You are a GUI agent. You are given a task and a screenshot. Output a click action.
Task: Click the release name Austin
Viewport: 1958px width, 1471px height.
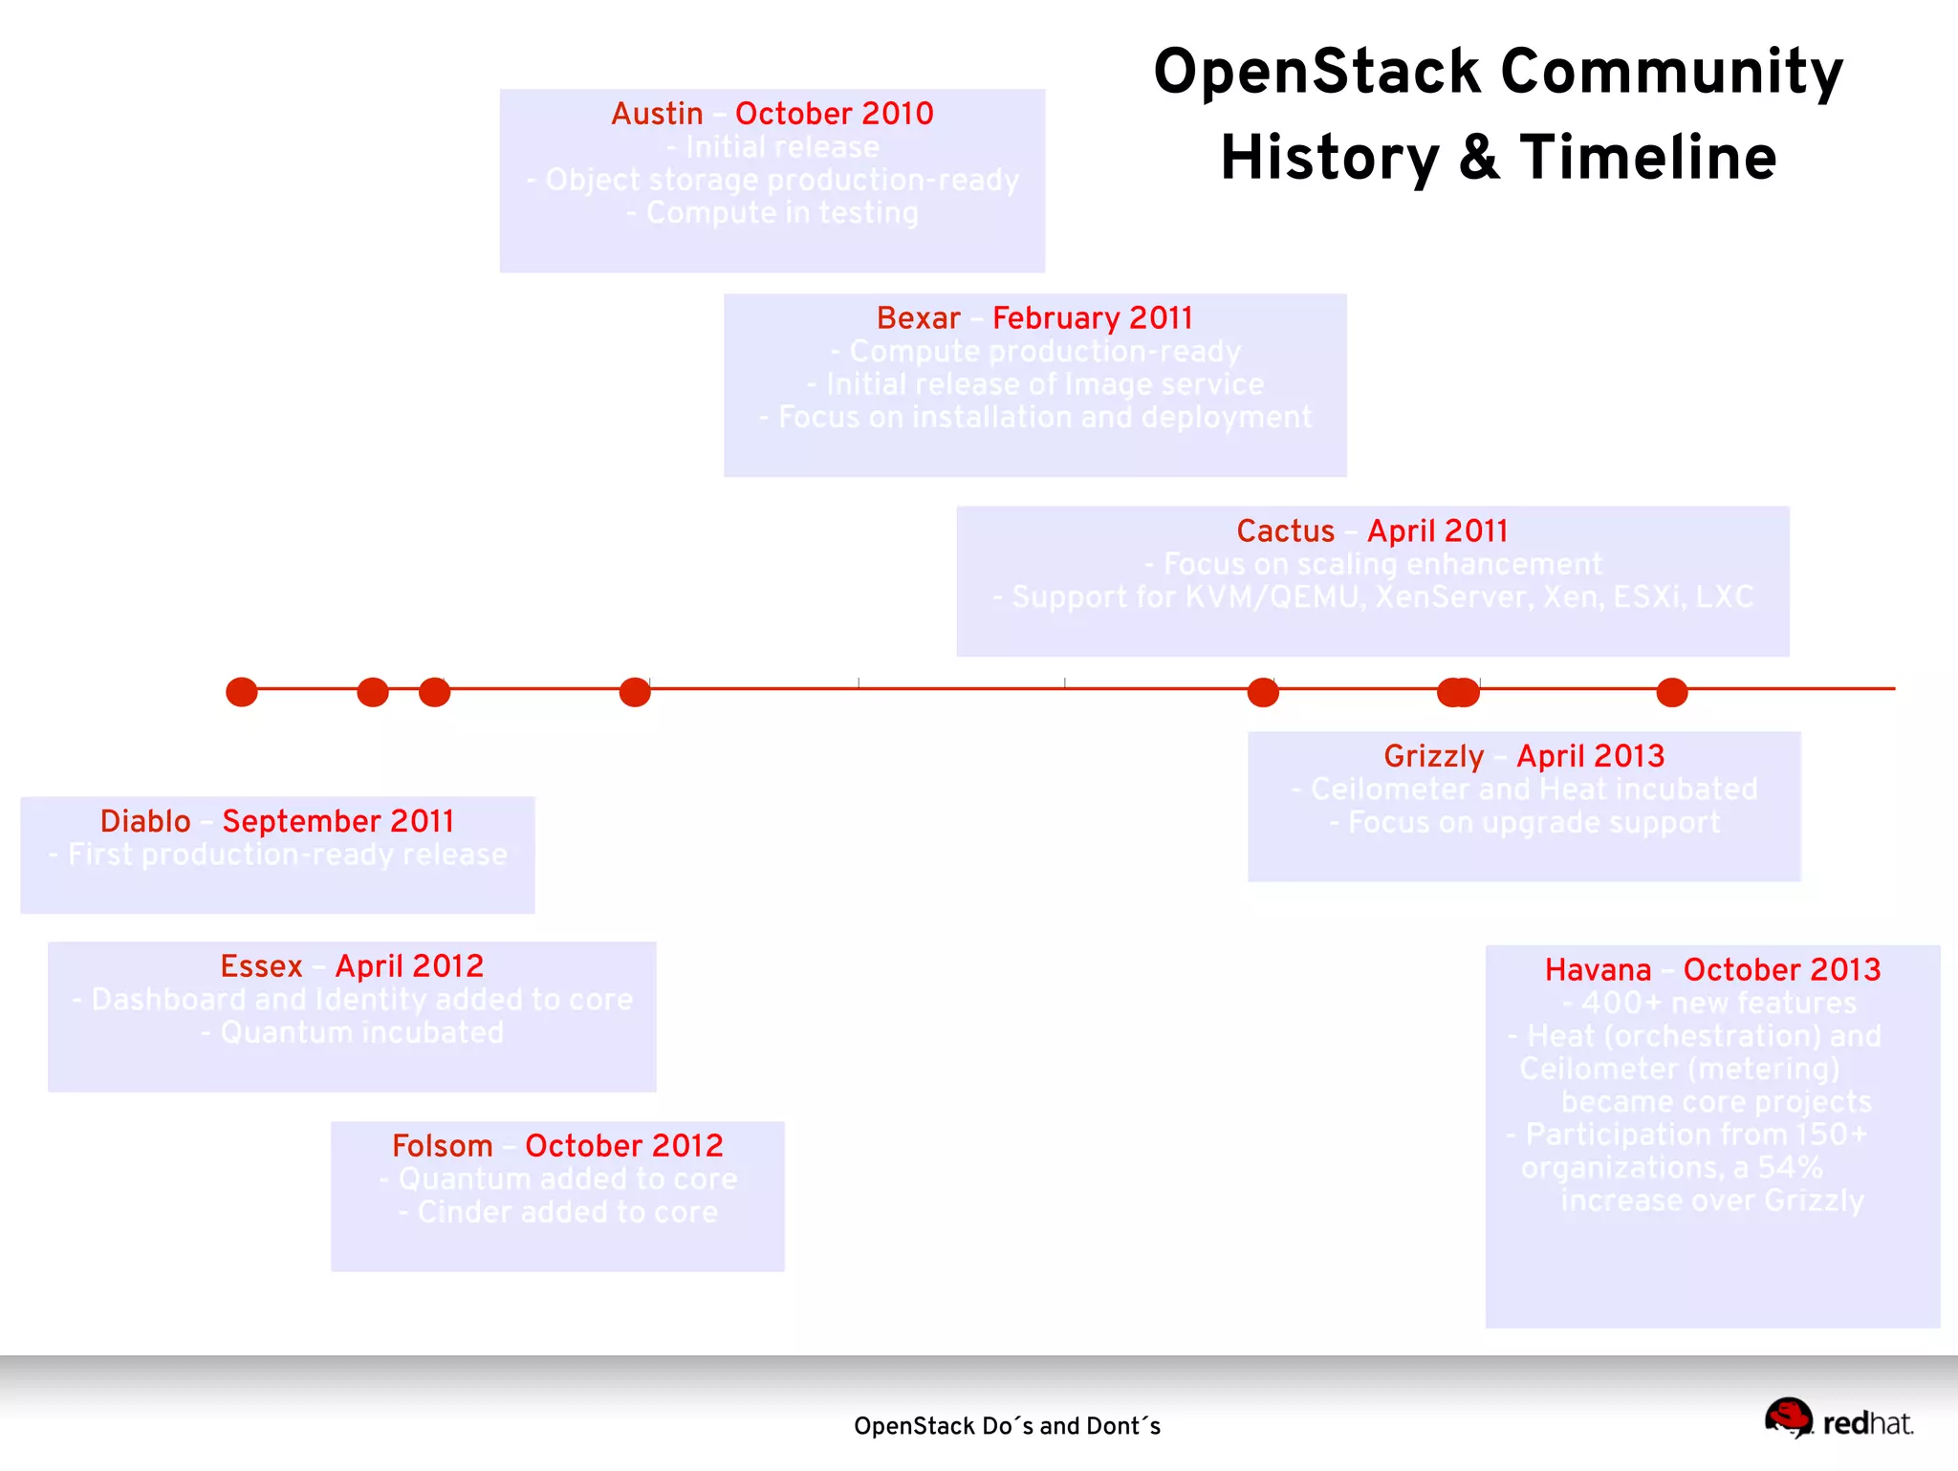657,114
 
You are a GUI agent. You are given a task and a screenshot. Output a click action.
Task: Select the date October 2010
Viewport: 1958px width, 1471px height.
834,114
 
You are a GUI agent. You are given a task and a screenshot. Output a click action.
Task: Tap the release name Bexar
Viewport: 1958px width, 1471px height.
918,318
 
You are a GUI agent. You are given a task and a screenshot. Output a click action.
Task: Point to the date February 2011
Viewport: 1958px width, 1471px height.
1092,318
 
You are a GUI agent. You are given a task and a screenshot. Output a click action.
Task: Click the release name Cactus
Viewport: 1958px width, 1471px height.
1285,531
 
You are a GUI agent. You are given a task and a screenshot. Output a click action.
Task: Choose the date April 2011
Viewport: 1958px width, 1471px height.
1437,531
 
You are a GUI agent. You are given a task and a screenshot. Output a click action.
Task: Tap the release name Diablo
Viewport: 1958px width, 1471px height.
145,821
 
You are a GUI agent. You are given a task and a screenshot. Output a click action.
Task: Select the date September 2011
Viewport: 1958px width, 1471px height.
337,821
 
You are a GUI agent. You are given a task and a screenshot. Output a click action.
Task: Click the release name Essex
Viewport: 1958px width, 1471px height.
261,966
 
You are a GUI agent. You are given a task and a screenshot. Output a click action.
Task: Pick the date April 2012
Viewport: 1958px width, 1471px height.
409,966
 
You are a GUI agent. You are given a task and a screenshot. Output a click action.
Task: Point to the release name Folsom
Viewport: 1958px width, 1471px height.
442,1146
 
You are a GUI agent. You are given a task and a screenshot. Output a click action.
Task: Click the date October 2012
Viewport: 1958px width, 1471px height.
623,1146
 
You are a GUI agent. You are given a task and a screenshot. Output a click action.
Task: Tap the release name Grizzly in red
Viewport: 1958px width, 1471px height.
1433,756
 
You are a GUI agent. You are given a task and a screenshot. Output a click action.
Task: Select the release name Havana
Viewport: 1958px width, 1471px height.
1598,970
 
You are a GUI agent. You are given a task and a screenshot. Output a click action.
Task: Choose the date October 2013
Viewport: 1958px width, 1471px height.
1781,970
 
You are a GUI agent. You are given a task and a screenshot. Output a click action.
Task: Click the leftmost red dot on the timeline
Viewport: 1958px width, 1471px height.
242,691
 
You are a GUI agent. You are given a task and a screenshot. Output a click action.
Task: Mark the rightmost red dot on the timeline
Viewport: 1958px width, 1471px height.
1671,691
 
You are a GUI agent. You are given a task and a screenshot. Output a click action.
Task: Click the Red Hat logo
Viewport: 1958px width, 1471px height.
1838,1420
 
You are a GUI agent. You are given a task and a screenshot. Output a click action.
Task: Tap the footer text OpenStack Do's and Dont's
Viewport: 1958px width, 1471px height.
1007,1426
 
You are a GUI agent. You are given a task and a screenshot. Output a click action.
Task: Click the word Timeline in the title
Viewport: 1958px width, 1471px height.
1648,158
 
